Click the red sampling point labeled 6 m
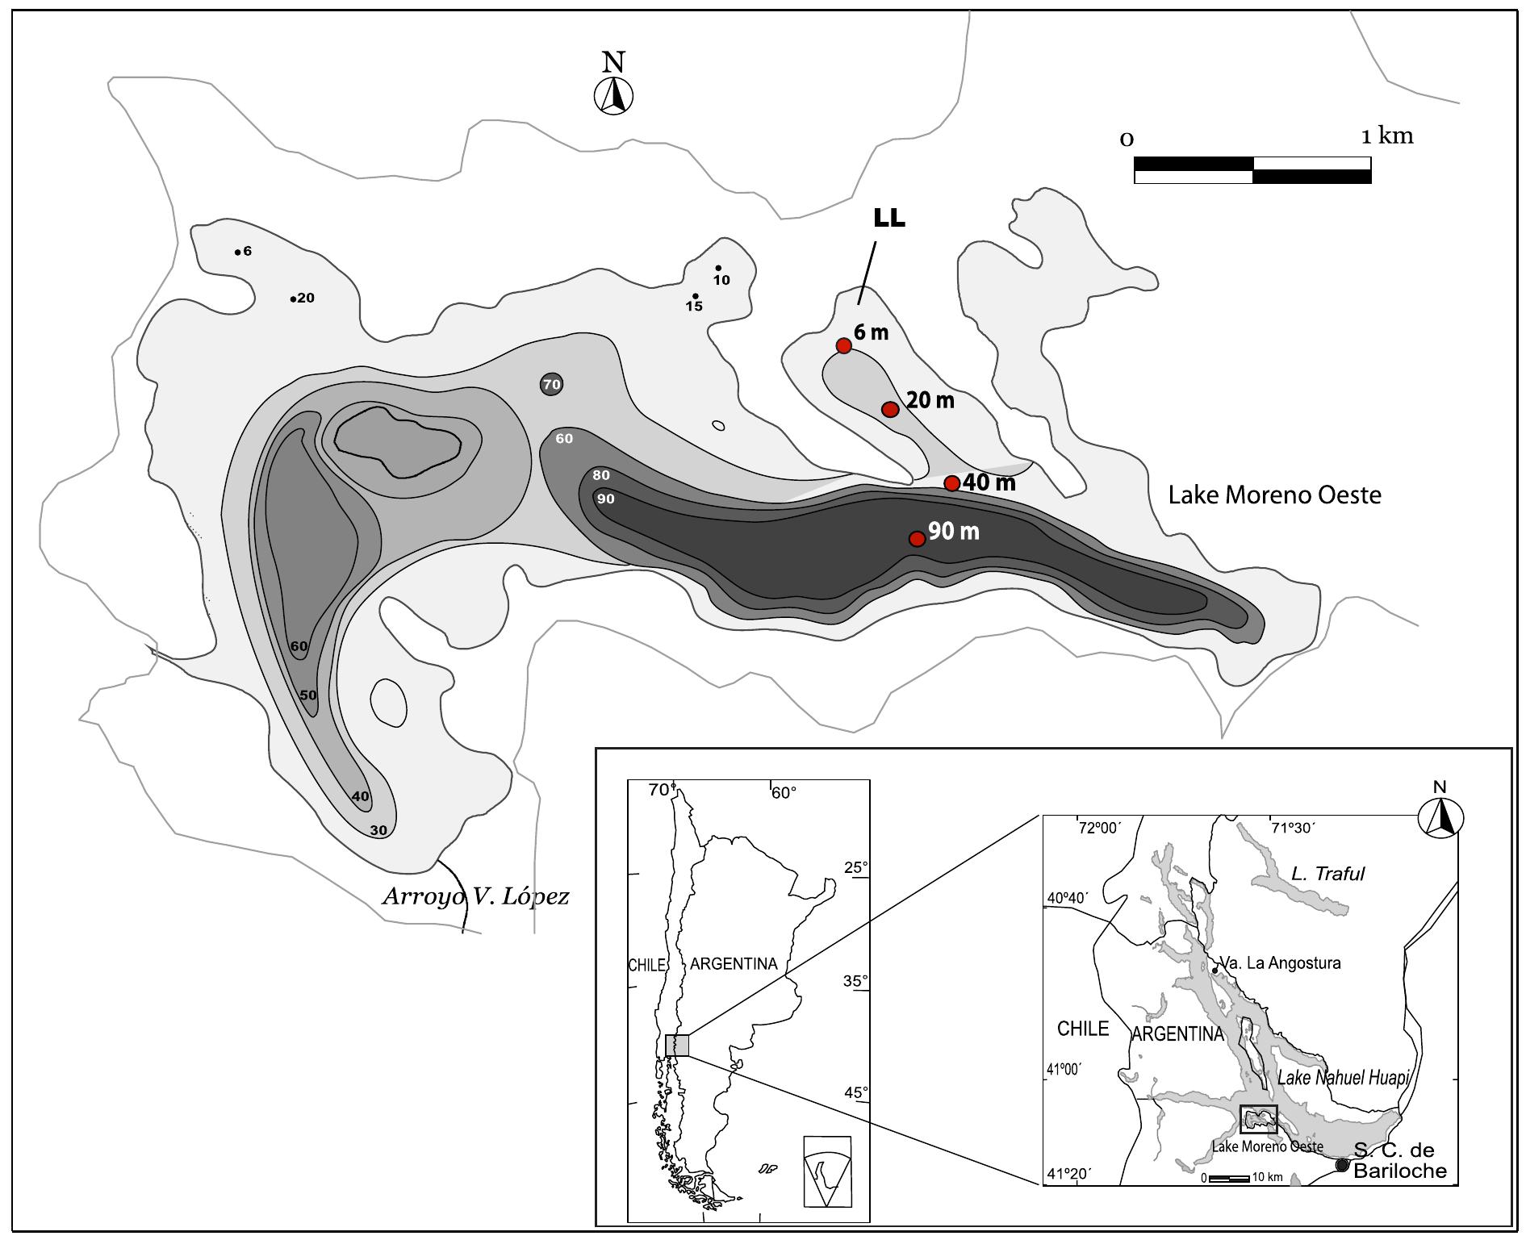843,345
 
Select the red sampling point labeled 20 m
890,409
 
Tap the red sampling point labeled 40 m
952,483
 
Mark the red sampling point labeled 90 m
917,538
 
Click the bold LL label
889,219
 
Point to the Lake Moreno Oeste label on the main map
1274,495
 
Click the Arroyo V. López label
476,896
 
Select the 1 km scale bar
1252,170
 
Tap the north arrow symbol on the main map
613,95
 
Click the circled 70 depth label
551,385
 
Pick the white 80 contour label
601,475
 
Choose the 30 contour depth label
378,829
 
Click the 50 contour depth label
308,695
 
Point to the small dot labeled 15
695,296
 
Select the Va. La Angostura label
1280,962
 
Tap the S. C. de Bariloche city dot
1342,1165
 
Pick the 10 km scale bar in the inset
1228,1179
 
